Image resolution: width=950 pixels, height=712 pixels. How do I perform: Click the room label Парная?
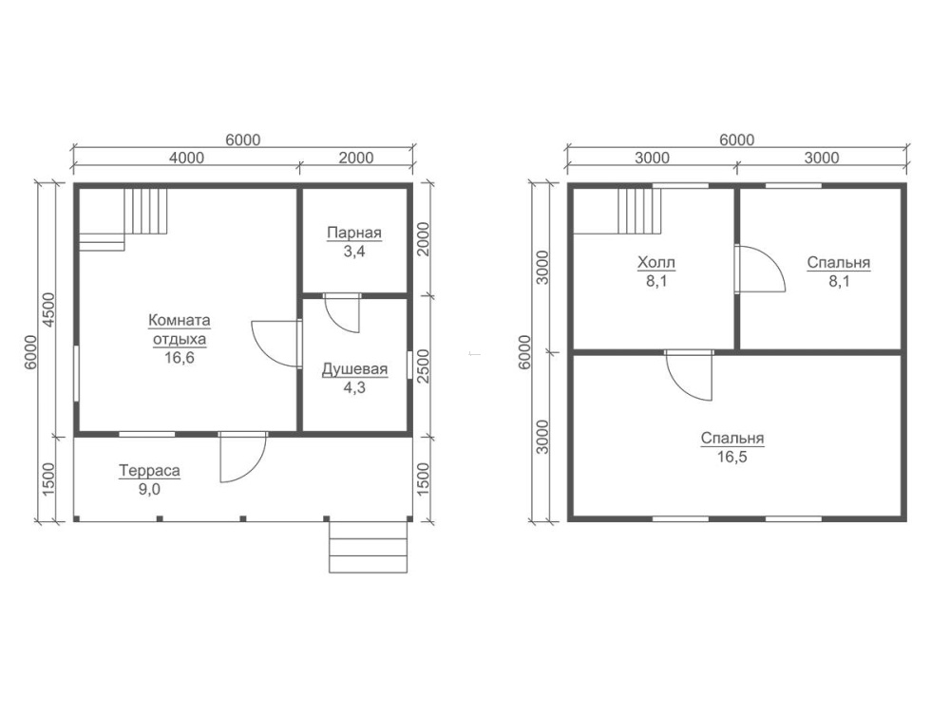[354, 234]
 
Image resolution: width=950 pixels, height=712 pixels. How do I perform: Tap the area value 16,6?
[180, 358]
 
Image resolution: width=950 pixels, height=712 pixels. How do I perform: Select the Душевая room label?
[354, 369]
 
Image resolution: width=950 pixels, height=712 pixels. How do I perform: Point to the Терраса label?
[150, 471]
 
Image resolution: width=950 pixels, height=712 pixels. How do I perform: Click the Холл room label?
[656, 263]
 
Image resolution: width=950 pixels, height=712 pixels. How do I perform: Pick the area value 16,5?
[732, 457]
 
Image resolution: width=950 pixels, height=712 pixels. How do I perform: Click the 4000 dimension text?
[186, 158]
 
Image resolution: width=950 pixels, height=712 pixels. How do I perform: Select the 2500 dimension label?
[423, 365]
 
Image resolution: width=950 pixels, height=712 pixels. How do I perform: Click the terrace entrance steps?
[369, 547]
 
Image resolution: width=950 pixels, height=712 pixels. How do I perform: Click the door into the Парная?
[342, 313]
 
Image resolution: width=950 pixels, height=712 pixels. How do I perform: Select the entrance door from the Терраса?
[242, 458]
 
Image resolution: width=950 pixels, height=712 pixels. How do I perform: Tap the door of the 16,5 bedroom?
[689, 375]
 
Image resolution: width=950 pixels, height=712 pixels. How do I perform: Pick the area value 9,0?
[150, 489]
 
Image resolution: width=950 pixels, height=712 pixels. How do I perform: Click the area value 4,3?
[354, 388]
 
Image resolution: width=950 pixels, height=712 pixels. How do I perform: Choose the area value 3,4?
[354, 252]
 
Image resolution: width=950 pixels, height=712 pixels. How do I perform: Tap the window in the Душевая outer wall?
[409, 365]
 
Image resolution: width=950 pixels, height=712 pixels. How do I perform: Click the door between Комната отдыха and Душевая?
[276, 344]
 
